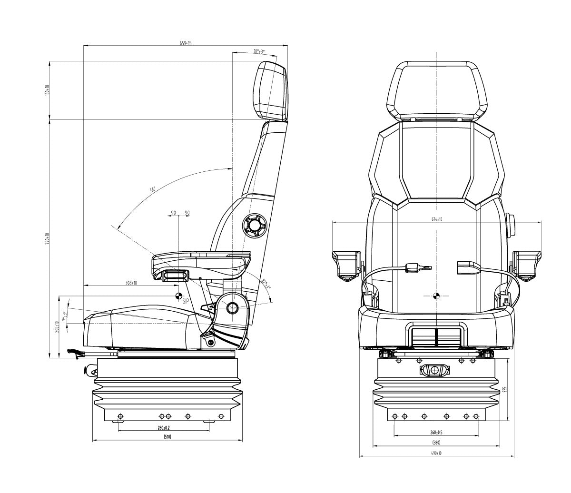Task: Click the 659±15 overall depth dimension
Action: point(186,43)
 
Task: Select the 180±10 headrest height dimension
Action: point(47,90)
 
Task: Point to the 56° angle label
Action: point(153,189)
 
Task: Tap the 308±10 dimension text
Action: point(131,283)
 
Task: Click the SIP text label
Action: point(186,301)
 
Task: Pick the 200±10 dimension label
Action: point(56,326)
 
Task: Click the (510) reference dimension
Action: point(167,437)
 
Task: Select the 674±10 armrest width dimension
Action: point(436,219)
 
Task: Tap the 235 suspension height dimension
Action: point(505,389)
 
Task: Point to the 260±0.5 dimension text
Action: point(436,433)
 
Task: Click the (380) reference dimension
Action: point(436,443)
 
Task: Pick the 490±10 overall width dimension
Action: point(436,453)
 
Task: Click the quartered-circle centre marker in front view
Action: point(436,296)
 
